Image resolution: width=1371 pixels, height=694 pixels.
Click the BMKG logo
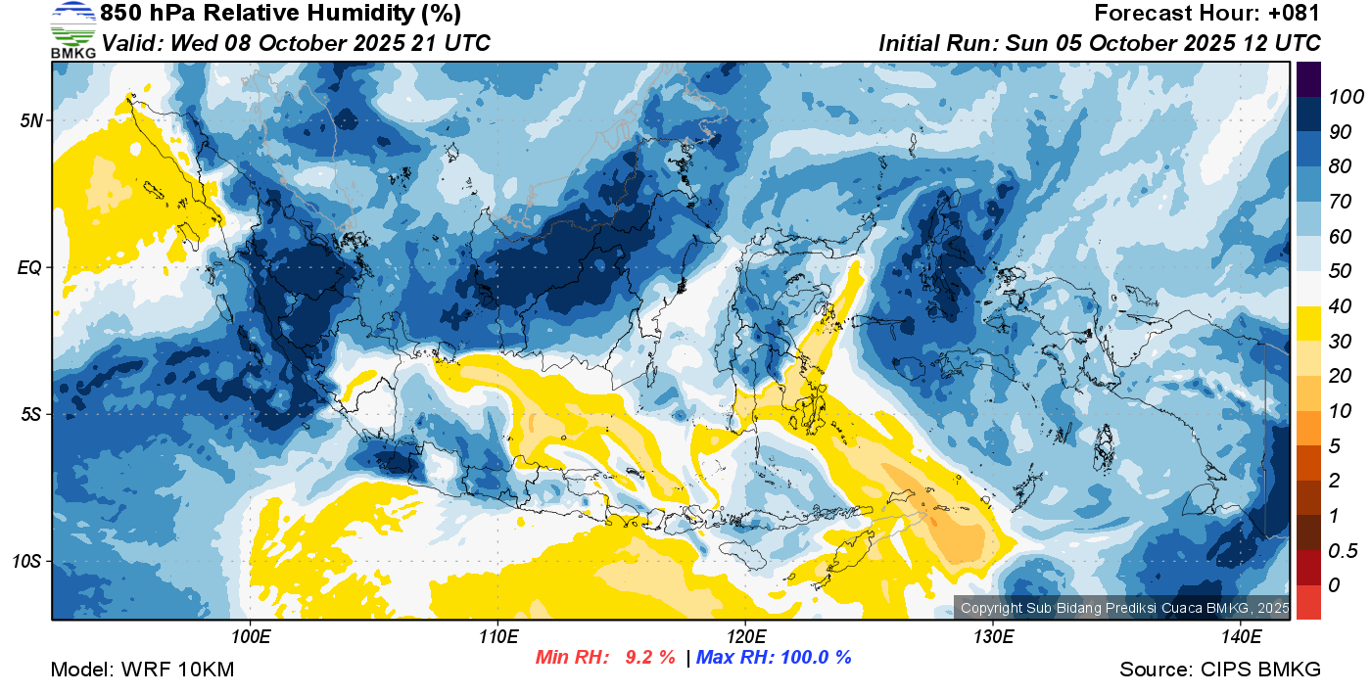(73, 30)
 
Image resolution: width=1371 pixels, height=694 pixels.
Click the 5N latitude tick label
(31, 120)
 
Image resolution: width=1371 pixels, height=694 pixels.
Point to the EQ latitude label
(29, 267)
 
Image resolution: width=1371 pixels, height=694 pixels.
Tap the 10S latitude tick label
(26, 561)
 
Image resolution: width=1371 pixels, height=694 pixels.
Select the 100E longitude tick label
(251, 637)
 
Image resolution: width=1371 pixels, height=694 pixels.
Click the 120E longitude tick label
(746, 637)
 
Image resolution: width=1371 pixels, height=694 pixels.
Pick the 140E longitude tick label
(1241, 637)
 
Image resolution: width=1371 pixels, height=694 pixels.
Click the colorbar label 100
(1346, 97)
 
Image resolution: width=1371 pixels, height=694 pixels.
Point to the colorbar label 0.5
(1343, 551)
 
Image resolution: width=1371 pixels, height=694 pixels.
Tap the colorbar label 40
(1340, 306)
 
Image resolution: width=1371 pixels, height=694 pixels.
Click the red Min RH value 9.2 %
(650, 657)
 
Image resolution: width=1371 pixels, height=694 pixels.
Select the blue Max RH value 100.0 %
(816, 657)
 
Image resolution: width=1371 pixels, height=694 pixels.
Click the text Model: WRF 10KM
(142, 670)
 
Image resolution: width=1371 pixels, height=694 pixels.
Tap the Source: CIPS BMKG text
(1220, 670)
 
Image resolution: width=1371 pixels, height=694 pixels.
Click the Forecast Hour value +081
(1294, 13)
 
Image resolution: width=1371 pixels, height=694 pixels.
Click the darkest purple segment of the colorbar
(1308, 79)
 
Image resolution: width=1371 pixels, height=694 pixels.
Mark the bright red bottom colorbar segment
(1308, 602)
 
